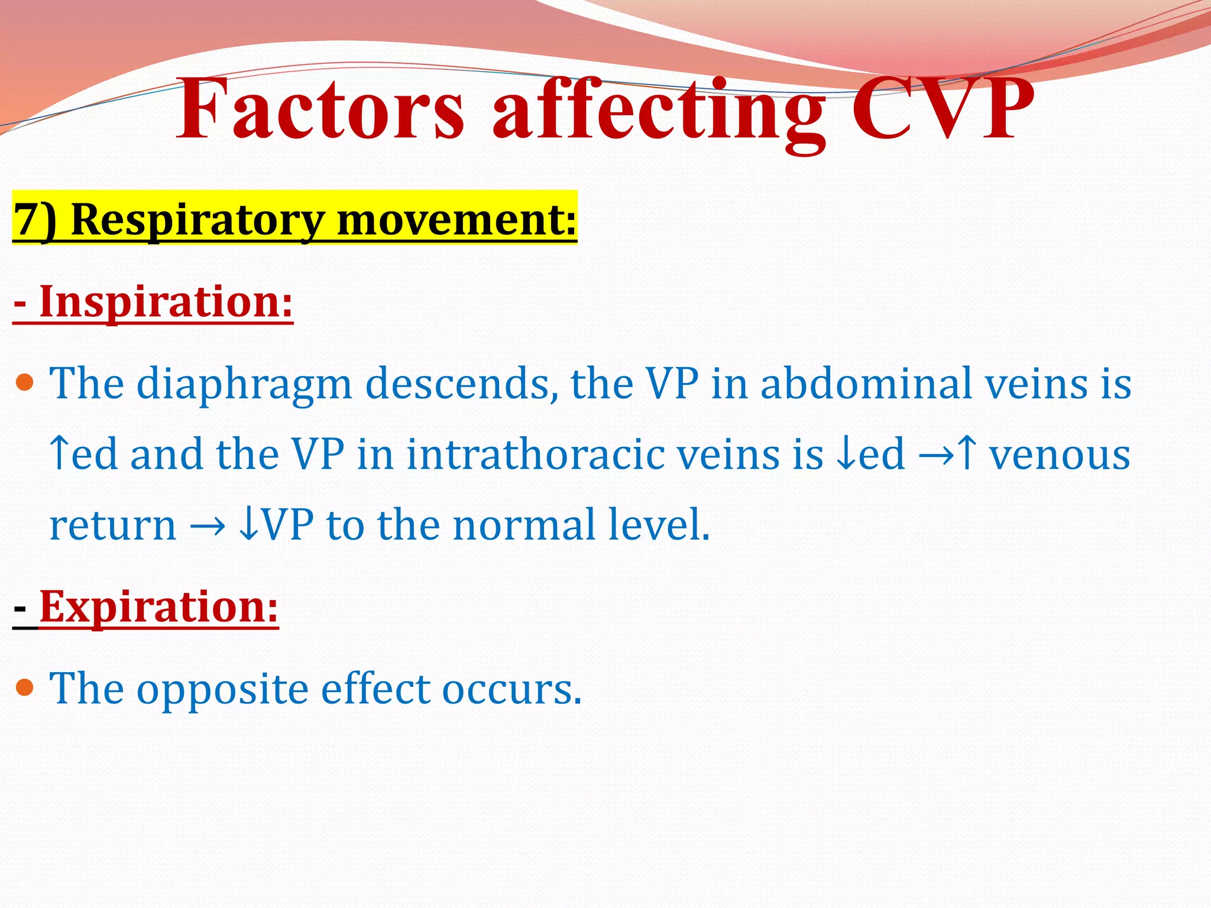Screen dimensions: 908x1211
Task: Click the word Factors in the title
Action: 320,109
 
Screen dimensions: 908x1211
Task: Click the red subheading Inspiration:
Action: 154,302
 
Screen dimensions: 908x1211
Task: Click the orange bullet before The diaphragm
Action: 25,382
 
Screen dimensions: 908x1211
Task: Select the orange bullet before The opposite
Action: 25,688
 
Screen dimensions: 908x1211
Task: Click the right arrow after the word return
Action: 208,525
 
